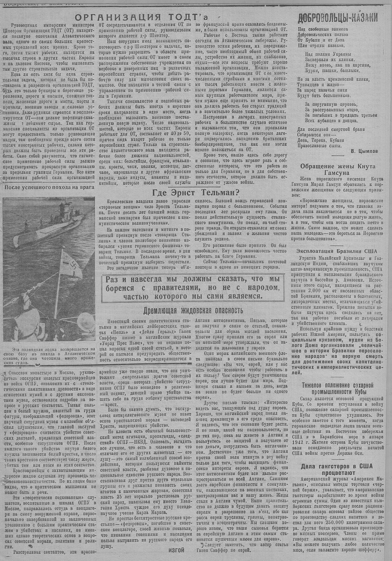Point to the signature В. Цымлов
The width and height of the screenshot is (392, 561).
click(x=364, y=150)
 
